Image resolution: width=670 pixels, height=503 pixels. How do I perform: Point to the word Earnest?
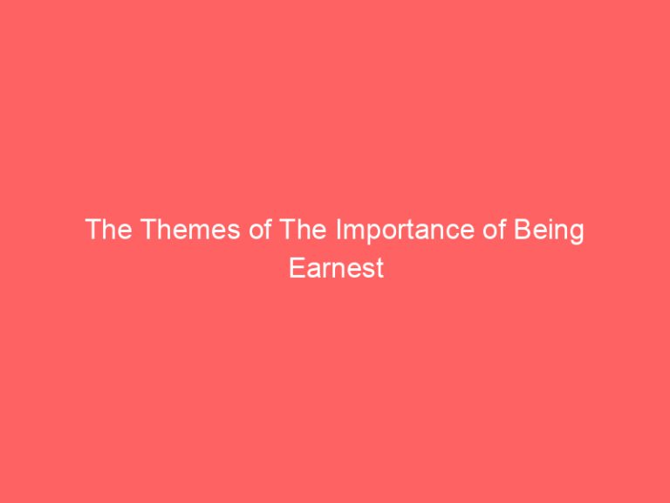(x=335, y=268)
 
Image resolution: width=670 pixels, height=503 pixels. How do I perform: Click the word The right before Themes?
(x=106, y=231)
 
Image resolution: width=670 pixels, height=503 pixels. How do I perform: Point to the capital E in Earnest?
(x=295, y=268)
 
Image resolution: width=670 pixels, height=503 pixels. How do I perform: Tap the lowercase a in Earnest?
(x=310, y=270)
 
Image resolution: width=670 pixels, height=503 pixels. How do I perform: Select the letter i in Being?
(x=551, y=231)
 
